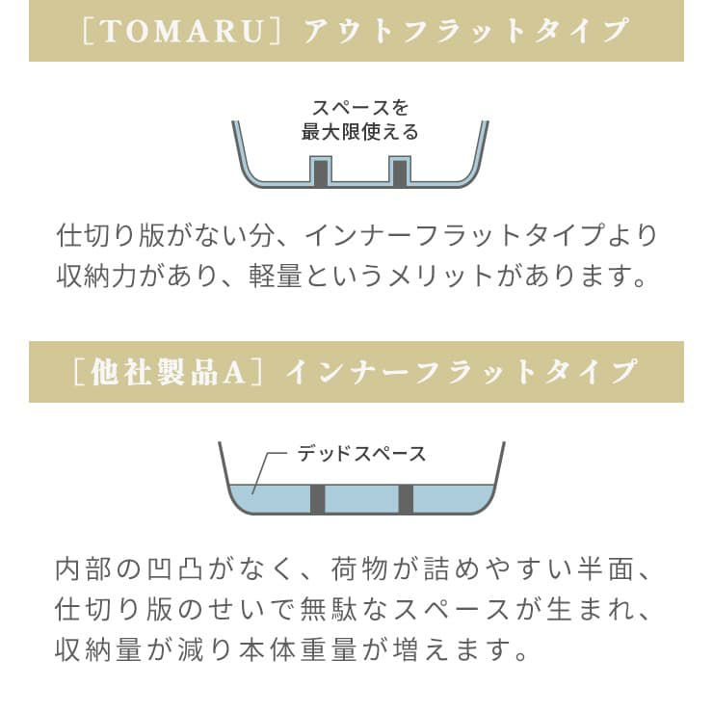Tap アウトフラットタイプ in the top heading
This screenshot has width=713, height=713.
point(466,31)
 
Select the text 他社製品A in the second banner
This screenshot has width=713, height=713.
point(169,373)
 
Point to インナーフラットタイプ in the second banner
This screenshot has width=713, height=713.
point(461,373)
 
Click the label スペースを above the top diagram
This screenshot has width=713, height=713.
point(360,108)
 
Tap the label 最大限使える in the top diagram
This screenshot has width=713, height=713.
point(359,132)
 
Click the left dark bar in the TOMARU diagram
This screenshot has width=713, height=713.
point(320,173)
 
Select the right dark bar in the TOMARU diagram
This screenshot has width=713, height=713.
point(400,173)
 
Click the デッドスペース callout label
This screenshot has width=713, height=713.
point(361,454)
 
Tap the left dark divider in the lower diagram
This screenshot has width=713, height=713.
point(317,499)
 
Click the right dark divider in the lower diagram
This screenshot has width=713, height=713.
point(406,499)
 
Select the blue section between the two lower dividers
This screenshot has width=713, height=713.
point(361,499)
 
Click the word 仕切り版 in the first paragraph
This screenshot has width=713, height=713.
point(111,235)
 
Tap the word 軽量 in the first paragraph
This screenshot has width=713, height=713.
point(276,276)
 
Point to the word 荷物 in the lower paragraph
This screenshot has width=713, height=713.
point(358,569)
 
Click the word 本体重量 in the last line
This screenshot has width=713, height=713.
point(298,649)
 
